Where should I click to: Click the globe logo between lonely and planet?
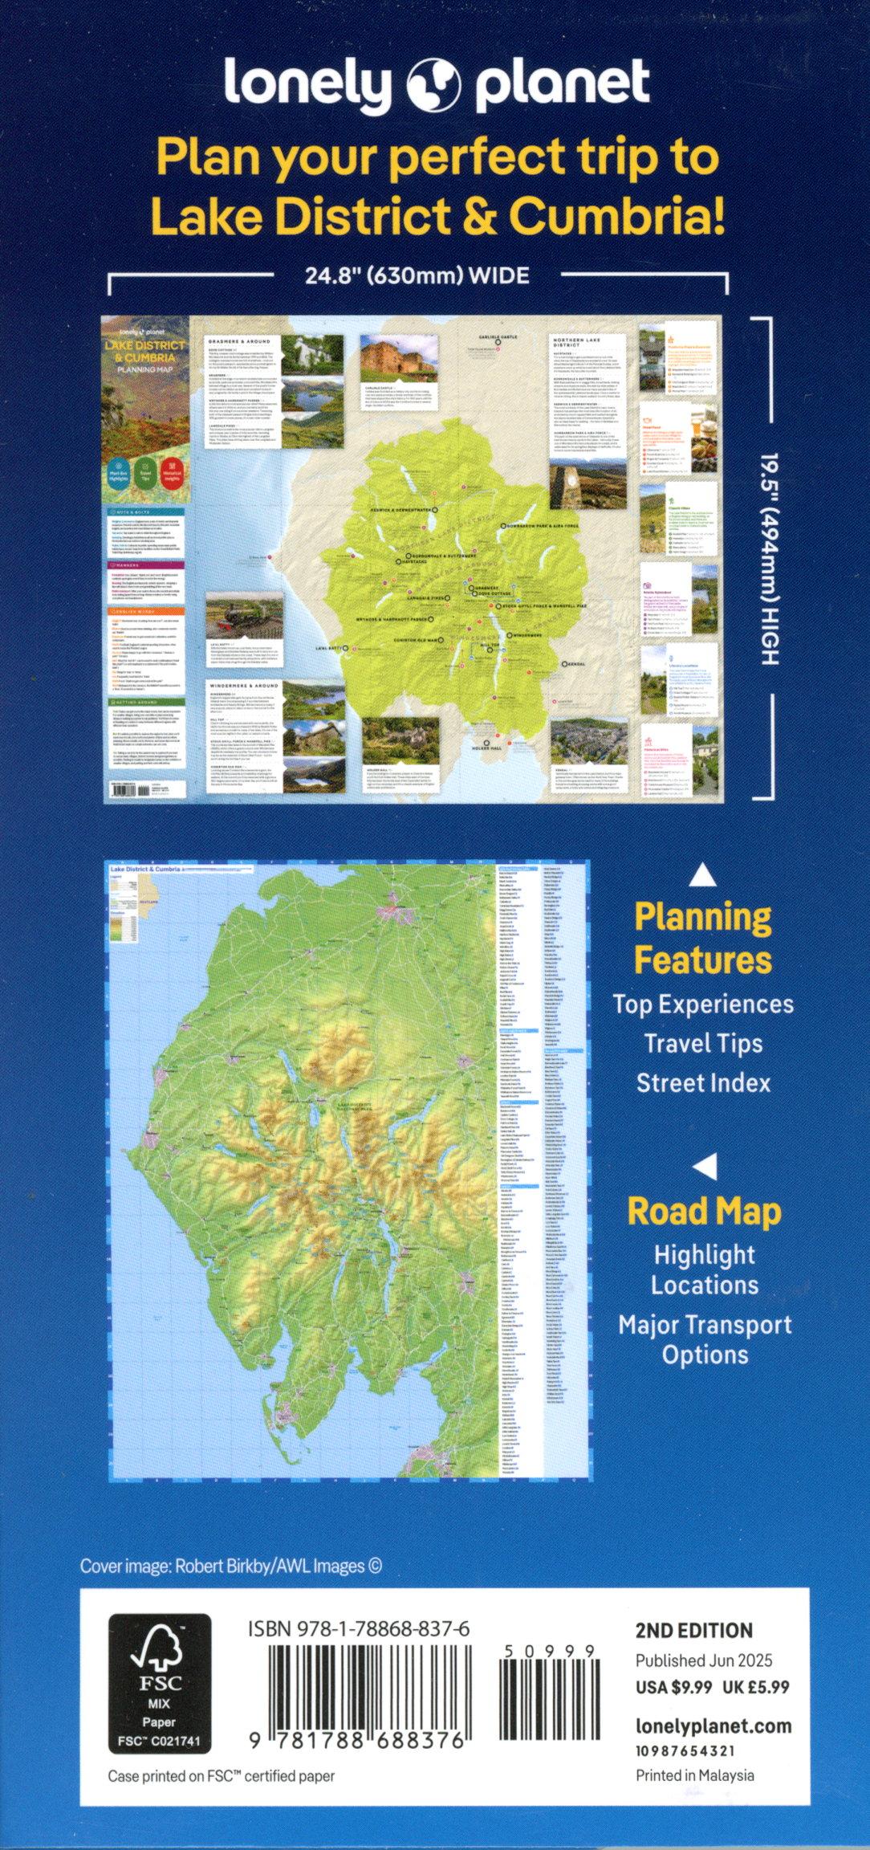434,85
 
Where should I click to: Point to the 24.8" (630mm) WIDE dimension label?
417,276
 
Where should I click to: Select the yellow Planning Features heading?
703,938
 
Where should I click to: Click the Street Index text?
703,1082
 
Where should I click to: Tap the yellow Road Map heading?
704,1212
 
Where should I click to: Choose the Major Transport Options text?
705,1339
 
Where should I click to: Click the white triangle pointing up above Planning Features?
704,874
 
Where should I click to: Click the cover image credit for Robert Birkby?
231,1565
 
